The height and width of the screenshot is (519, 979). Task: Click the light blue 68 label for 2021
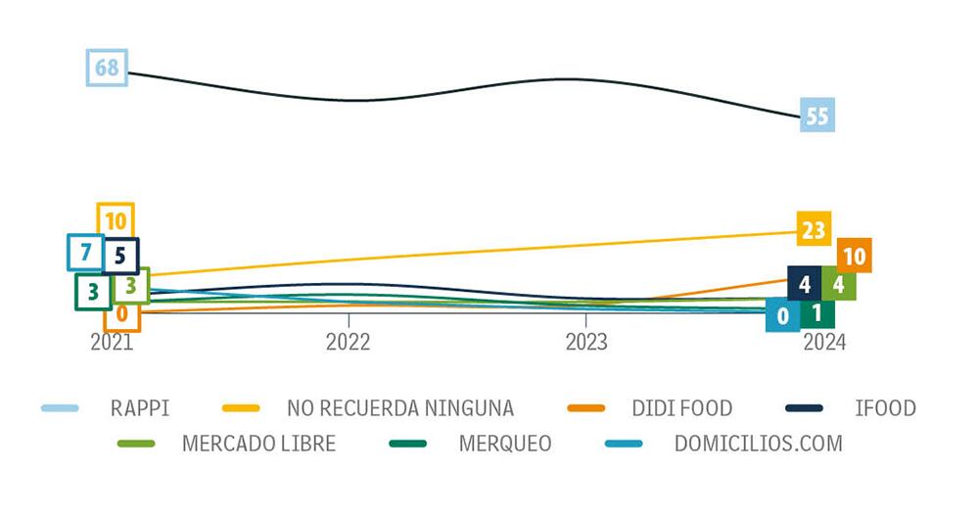click(107, 68)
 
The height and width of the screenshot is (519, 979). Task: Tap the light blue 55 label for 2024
click(816, 117)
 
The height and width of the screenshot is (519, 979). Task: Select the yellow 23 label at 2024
click(815, 231)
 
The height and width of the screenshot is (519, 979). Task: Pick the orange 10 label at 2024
click(854, 257)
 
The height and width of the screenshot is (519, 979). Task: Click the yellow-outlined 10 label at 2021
click(116, 221)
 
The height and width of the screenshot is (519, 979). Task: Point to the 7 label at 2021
click(85, 252)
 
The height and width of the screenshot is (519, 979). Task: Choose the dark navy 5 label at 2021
click(120, 257)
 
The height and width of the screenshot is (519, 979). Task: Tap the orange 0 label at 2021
click(122, 314)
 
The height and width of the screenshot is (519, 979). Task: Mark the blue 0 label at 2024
click(782, 316)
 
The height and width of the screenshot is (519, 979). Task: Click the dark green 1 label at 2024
click(816, 314)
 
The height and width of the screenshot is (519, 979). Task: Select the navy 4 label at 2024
click(804, 285)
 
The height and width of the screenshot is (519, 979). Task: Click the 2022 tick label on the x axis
click(349, 342)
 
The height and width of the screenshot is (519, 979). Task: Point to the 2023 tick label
click(585, 342)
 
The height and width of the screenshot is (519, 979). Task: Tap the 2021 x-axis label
click(112, 342)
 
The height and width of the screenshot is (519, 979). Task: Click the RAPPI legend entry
click(140, 407)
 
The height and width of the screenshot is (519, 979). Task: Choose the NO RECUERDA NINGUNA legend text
click(399, 407)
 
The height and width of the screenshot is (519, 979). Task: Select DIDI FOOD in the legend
click(682, 407)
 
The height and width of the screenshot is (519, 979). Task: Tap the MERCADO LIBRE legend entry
click(258, 443)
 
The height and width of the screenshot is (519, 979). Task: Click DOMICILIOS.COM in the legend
click(758, 443)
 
